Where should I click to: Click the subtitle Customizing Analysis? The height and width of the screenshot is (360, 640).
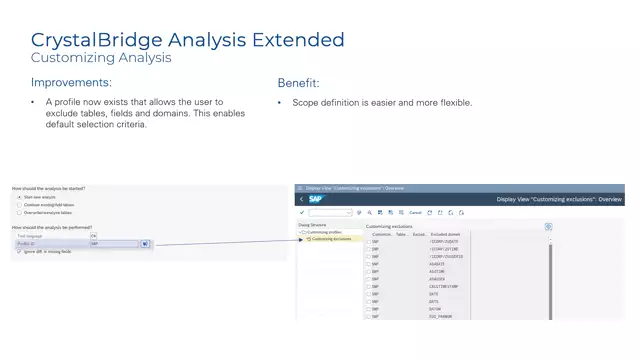[101, 58]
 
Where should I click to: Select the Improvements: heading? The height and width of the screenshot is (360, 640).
[71, 82]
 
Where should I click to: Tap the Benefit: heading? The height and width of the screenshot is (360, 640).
[299, 82]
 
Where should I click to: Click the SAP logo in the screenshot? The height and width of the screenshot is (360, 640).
[316, 199]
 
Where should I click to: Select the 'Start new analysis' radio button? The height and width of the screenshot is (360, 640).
[18, 197]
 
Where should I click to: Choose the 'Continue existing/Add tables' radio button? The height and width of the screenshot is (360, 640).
[18, 205]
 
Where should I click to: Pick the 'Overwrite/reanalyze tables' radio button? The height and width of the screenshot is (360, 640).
[18, 213]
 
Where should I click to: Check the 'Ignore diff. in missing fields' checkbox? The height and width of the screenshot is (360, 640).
[19, 252]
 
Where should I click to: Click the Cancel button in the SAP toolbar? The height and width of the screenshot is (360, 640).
[415, 213]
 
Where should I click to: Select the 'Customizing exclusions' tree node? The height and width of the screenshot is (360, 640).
[331, 239]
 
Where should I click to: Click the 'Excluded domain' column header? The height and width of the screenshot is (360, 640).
[445, 234]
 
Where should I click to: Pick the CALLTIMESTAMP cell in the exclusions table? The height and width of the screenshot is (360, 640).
[445, 286]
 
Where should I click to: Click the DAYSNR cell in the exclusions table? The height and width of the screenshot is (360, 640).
[436, 308]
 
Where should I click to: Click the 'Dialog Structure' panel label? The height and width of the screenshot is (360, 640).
[313, 225]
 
